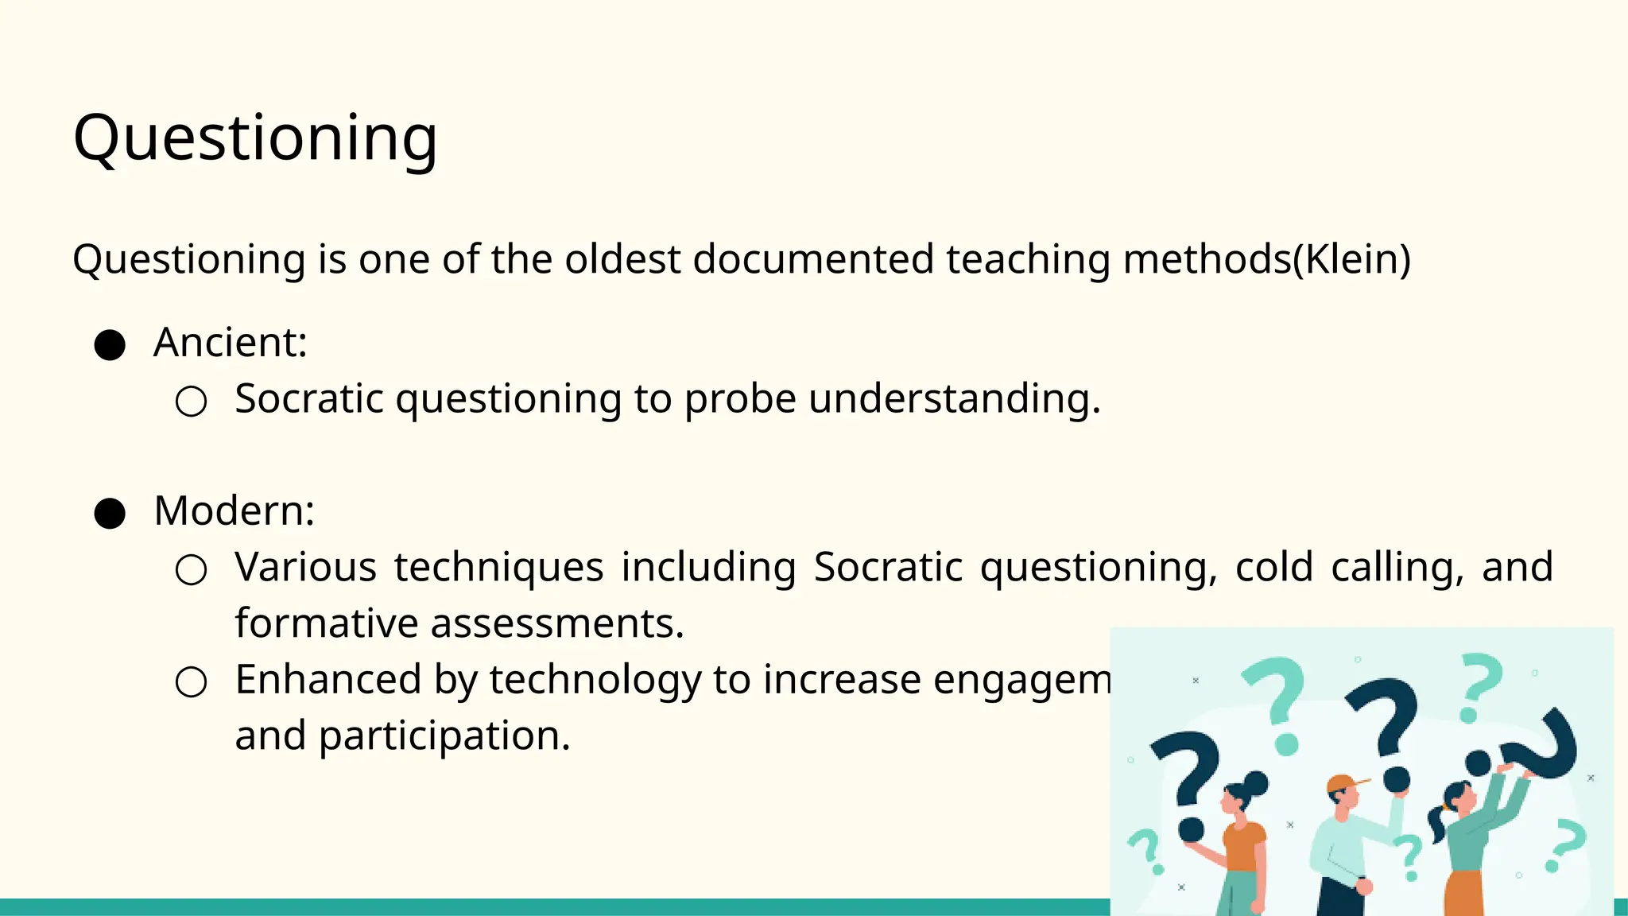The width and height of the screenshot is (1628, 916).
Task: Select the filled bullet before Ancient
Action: (110, 345)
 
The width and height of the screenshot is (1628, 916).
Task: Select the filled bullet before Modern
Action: (110, 514)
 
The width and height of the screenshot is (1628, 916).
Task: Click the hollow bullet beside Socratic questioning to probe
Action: (191, 402)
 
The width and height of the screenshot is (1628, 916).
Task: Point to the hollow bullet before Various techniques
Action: (191, 570)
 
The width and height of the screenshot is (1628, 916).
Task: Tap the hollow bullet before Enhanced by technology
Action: (191, 682)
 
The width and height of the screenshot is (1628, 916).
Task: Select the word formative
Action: (326, 623)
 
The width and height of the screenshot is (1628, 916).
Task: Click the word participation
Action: (444, 736)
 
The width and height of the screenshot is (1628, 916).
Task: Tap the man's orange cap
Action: (1343, 784)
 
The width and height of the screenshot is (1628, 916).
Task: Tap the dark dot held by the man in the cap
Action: (1396, 779)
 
